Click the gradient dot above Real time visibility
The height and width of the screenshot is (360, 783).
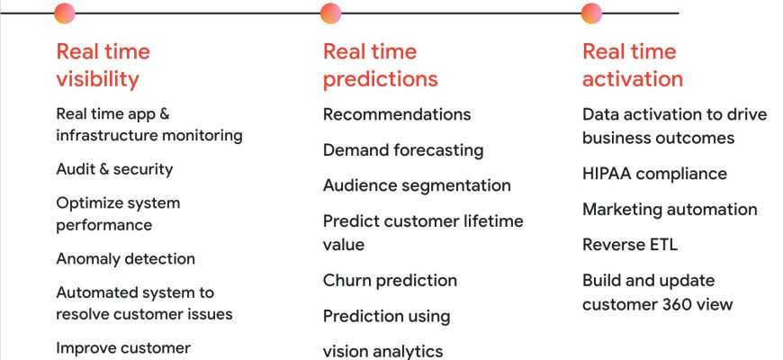click(x=65, y=13)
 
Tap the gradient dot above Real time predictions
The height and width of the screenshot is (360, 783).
click(x=330, y=13)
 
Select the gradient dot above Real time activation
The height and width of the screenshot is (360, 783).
click(x=591, y=13)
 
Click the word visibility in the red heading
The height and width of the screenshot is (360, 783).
click(x=97, y=79)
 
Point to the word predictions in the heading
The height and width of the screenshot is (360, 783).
click(x=381, y=79)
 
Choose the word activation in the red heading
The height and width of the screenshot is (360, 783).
click(x=633, y=79)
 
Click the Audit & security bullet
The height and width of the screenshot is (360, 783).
click(x=114, y=169)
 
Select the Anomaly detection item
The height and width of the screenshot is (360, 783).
click(x=125, y=258)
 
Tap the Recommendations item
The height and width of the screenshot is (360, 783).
click(x=397, y=114)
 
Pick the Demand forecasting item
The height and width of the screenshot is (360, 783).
click(x=403, y=150)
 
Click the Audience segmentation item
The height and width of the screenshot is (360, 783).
click(x=417, y=185)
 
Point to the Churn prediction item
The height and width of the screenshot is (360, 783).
click(x=390, y=281)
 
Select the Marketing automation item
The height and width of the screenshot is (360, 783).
click(x=670, y=209)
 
